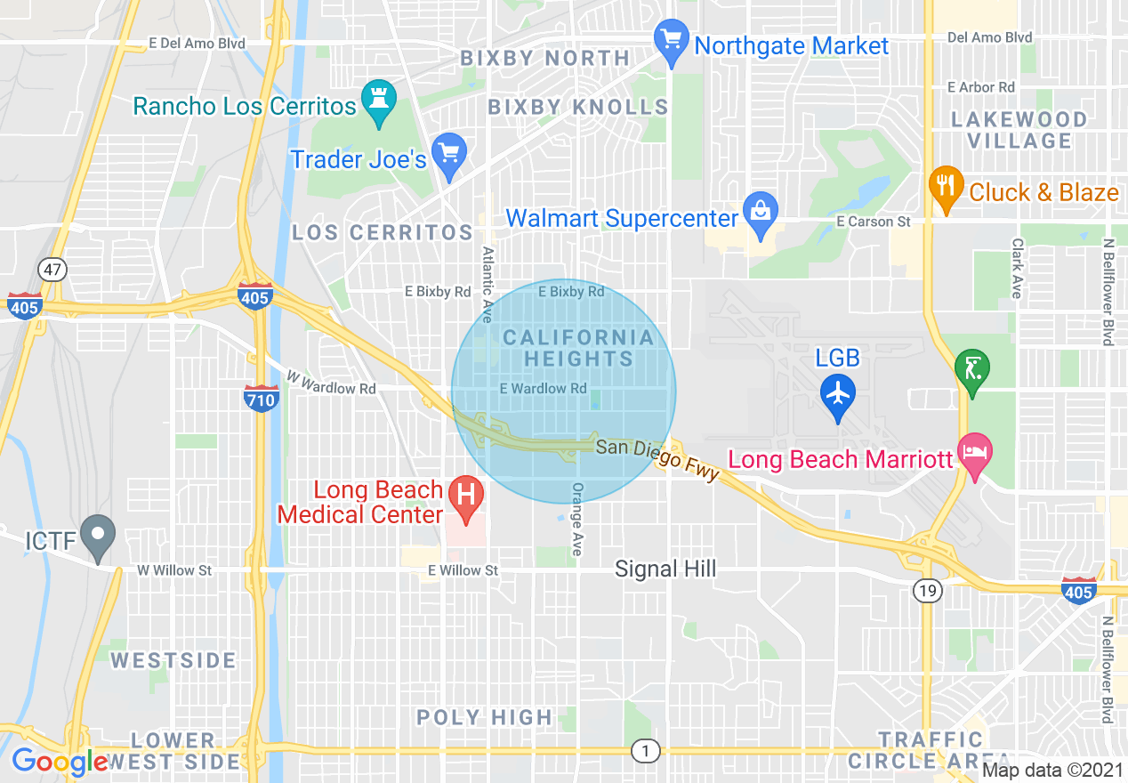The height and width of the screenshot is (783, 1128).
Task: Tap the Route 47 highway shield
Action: coord(52,270)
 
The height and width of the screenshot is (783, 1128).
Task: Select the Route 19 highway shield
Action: coord(928,588)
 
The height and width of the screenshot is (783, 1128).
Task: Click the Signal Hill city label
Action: coord(665,569)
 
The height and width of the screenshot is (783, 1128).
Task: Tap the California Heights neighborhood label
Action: coord(578,349)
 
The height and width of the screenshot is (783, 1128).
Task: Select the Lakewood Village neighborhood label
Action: coord(1019,130)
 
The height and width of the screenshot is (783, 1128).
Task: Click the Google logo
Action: coord(60,762)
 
